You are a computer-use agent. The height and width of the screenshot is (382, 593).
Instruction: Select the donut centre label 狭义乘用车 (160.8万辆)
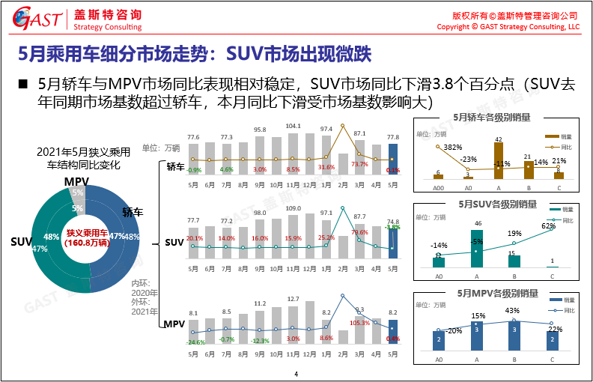coord(85,238)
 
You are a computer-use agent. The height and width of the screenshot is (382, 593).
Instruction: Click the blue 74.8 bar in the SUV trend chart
coord(393,240)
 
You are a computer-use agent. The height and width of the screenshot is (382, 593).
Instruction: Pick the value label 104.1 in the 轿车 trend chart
coord(293,126)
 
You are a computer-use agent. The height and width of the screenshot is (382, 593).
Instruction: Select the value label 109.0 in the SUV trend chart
coord(293,207)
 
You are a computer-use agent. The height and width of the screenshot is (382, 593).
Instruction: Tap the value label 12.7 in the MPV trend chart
coord(293,299)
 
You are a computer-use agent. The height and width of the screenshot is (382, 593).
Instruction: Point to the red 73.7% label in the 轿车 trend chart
coord(359,164)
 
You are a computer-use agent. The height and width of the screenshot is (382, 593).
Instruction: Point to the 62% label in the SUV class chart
coord(548,225)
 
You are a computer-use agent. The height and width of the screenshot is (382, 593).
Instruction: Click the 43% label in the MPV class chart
coord(512,311)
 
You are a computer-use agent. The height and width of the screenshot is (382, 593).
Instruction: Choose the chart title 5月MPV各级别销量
coord(495,292)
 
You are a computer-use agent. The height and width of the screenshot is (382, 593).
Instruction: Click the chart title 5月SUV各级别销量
coord(495,204)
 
